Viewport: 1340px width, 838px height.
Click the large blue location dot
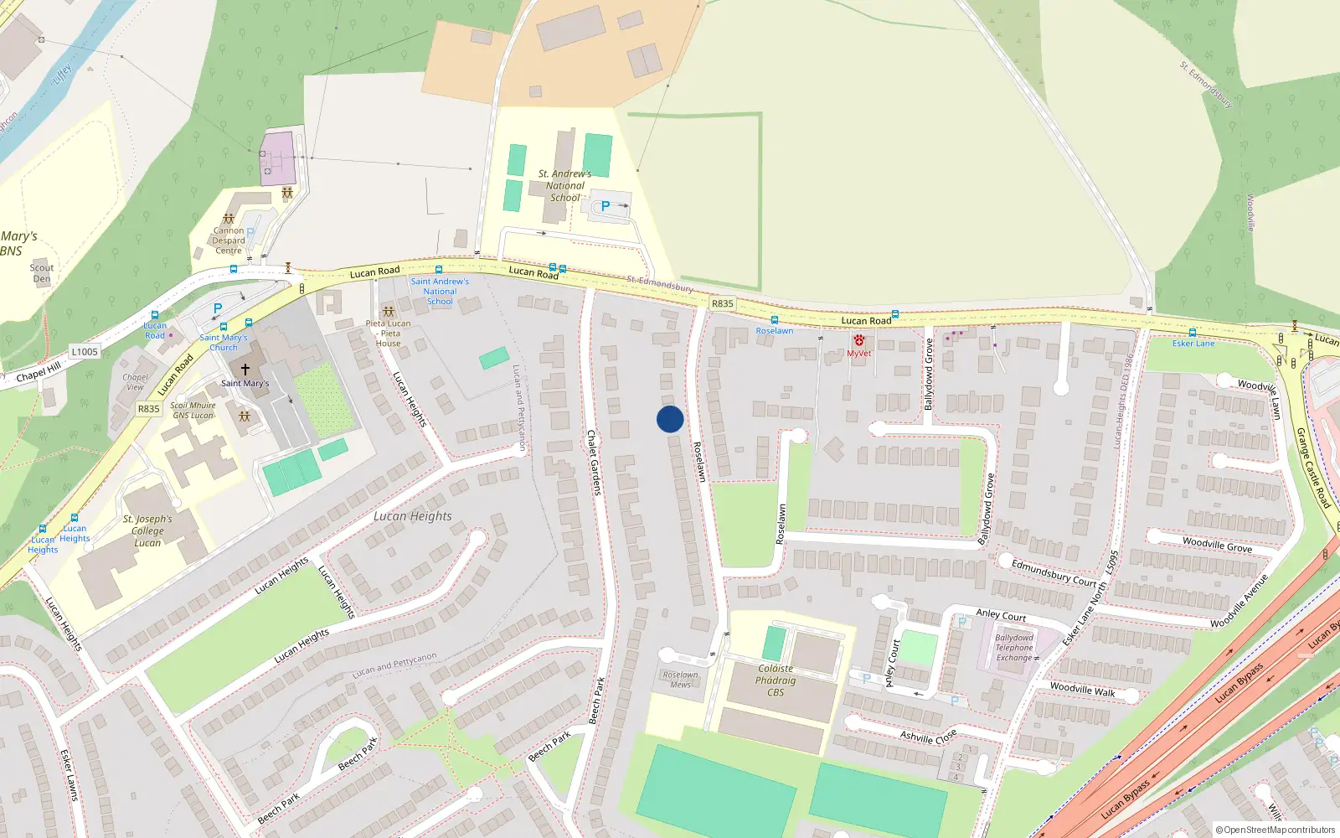tap(670, 419)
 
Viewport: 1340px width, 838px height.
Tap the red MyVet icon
tap(858, 340)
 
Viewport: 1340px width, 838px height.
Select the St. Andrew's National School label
tap(565, 186)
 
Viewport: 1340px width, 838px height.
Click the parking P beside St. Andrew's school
tap(605, 206)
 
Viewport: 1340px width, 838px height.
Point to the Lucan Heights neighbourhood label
tap(413, 516)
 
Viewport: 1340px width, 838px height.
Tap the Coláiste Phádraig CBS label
tap(776, 680)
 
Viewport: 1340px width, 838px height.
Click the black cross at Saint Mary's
tap(245, 369)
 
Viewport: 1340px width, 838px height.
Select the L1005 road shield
tap(85, 352)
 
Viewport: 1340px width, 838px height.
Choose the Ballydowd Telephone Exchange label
tap(1014, 648)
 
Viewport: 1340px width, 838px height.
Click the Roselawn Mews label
tap(680, 680)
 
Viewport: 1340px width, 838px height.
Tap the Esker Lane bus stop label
tap(1193, 344)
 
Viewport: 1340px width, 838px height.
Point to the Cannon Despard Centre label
tap(229, 241)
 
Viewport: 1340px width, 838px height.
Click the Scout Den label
tap(42, 273)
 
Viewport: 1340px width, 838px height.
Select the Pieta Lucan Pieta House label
tap(389, 334)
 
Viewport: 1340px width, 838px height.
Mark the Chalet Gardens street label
tap(594, 462)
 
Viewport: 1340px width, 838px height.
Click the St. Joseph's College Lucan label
tap(147, 531)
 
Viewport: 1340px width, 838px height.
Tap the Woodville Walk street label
tap(1082, 689)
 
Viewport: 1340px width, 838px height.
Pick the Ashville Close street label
tap(928, 737)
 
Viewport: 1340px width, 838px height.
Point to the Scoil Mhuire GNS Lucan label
tap(193, 411)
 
